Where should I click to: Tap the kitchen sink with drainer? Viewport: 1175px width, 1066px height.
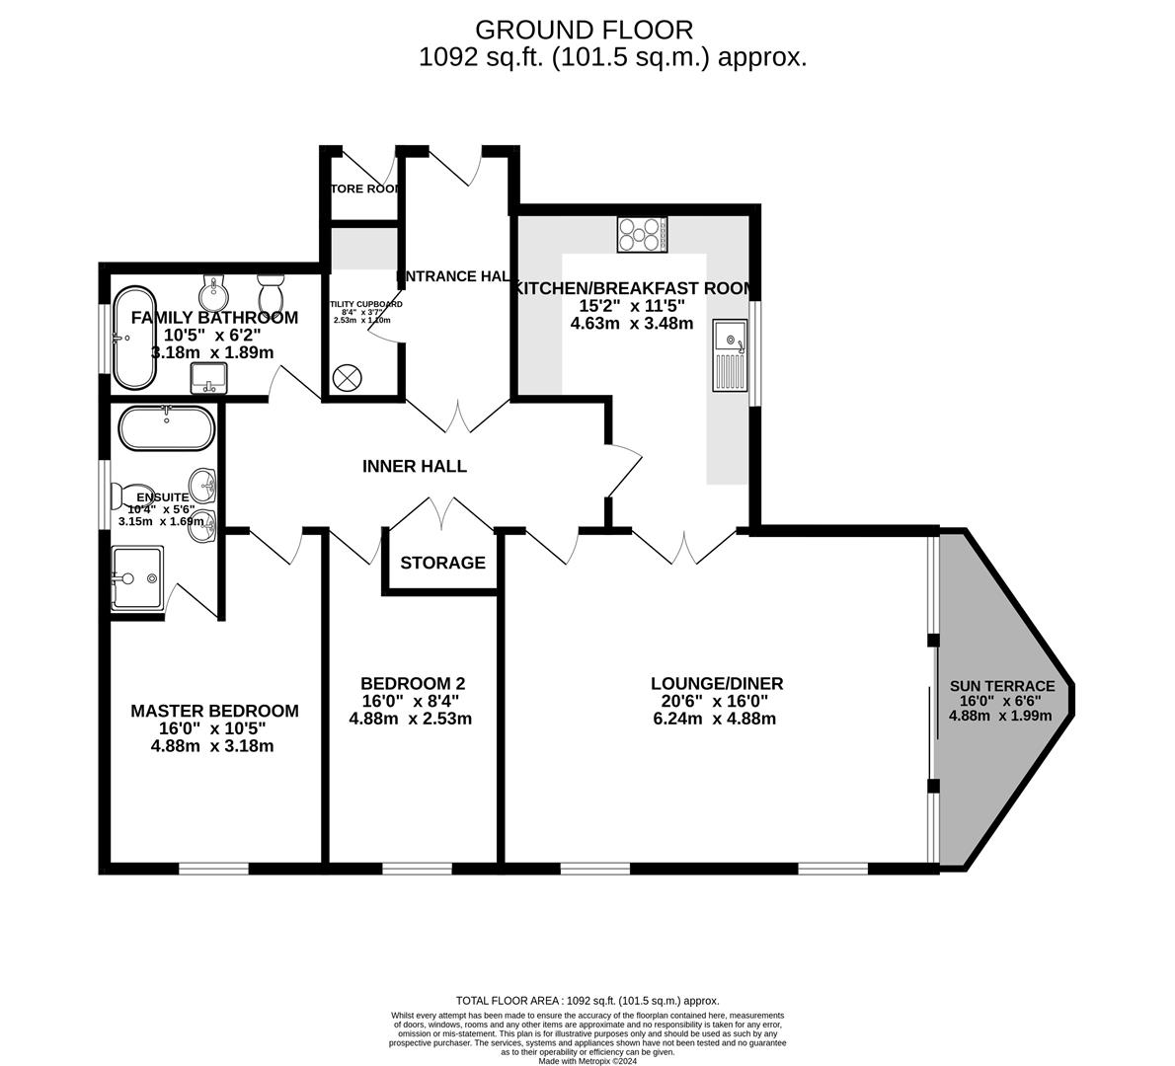pos(731,355)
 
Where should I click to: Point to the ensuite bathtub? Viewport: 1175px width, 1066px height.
pos(166,428)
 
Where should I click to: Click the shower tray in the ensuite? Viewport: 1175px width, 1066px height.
pos(136,577)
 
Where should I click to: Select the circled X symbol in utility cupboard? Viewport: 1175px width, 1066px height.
pos(348,377)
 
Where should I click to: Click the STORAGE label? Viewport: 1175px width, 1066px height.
pos(442,563)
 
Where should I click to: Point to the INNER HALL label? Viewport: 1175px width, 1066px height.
pos(414,466)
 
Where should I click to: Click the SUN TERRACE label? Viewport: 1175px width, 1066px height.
pos(1001,686)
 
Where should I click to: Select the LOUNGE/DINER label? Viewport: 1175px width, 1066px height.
pos(716,683)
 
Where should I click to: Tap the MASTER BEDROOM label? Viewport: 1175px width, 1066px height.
pos(214,711)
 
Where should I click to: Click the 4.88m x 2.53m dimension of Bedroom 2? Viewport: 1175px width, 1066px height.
pos(411,719)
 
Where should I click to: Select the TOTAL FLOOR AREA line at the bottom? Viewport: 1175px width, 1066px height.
pos(587,1000)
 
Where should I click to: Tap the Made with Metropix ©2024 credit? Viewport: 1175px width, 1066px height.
pos(587,1061)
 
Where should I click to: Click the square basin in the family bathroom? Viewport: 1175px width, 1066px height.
pos(208,376)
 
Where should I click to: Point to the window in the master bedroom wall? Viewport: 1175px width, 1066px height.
pos(213,869)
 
